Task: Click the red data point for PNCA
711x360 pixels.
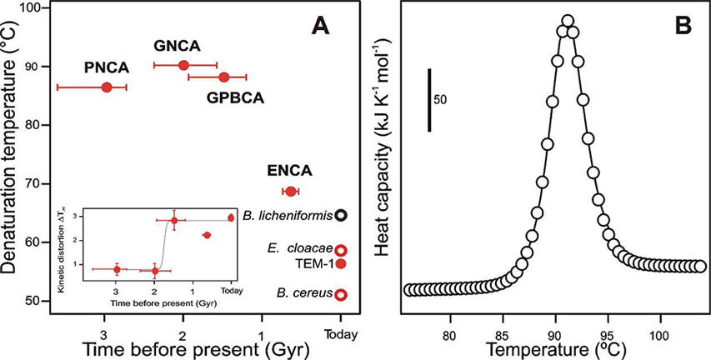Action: tap(106, 87)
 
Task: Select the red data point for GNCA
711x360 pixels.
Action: tap(184, 65)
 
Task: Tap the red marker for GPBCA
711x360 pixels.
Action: tap(223, 77)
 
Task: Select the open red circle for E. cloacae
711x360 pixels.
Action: tap(340, 250)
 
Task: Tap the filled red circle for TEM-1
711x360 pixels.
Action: tap(340, 263)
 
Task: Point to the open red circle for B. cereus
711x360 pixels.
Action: tap(340, 294)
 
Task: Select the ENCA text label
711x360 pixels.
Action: tap(290, 172)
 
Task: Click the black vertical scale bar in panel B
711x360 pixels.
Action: tap(429, 100)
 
